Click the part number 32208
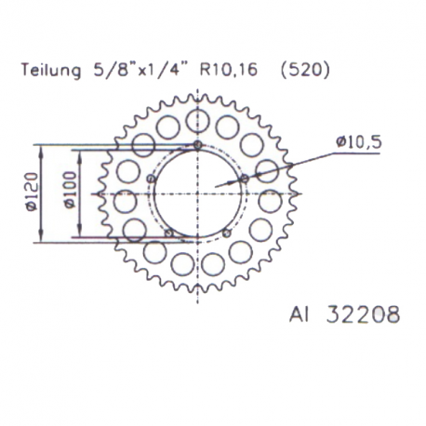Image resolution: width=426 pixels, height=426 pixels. (357, 315)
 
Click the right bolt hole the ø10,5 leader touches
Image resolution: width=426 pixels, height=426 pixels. (244, 177)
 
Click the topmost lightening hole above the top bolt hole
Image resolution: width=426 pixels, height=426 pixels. (198, 119)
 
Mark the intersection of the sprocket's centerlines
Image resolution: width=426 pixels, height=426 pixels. (198, 193)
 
